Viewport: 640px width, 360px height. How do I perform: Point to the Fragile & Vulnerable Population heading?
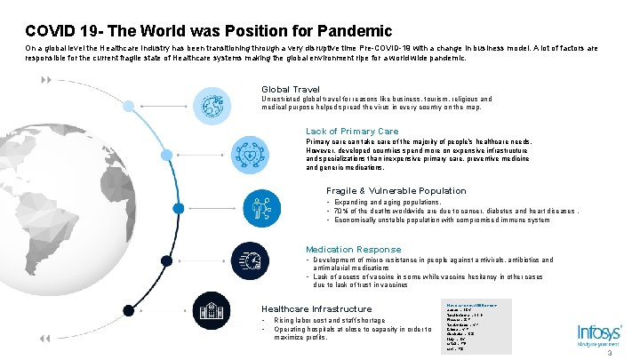click(x=396, y=190)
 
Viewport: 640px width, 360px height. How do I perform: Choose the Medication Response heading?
click(x=353, y=250)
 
